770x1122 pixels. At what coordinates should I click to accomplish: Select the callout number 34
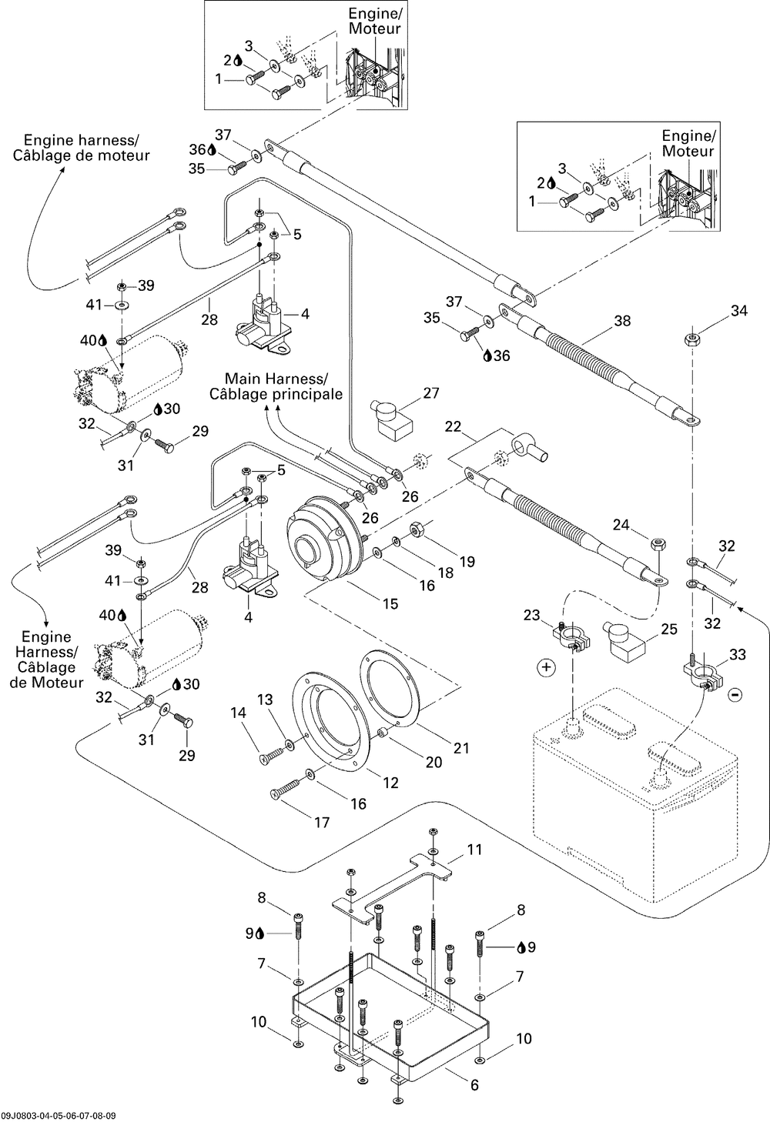click(738, 311)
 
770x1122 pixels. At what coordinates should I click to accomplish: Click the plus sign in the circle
click(546, 667)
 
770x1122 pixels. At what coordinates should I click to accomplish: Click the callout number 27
click(430, 393)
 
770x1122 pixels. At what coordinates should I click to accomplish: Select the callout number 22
click(453, 426)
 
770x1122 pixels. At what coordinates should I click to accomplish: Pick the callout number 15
click(390, 603)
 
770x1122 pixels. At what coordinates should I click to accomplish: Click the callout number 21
click(461, 747)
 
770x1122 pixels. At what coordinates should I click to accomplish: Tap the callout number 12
click(390, 783)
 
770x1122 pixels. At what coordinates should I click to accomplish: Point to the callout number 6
click(474, 1085)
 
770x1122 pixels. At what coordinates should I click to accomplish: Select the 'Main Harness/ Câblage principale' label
click(276, 386)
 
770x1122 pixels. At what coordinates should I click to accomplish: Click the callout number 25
click(669, 629)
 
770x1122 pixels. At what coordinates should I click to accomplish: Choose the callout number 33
click(737, 655)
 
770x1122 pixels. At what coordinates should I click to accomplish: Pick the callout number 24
click(621, 526)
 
